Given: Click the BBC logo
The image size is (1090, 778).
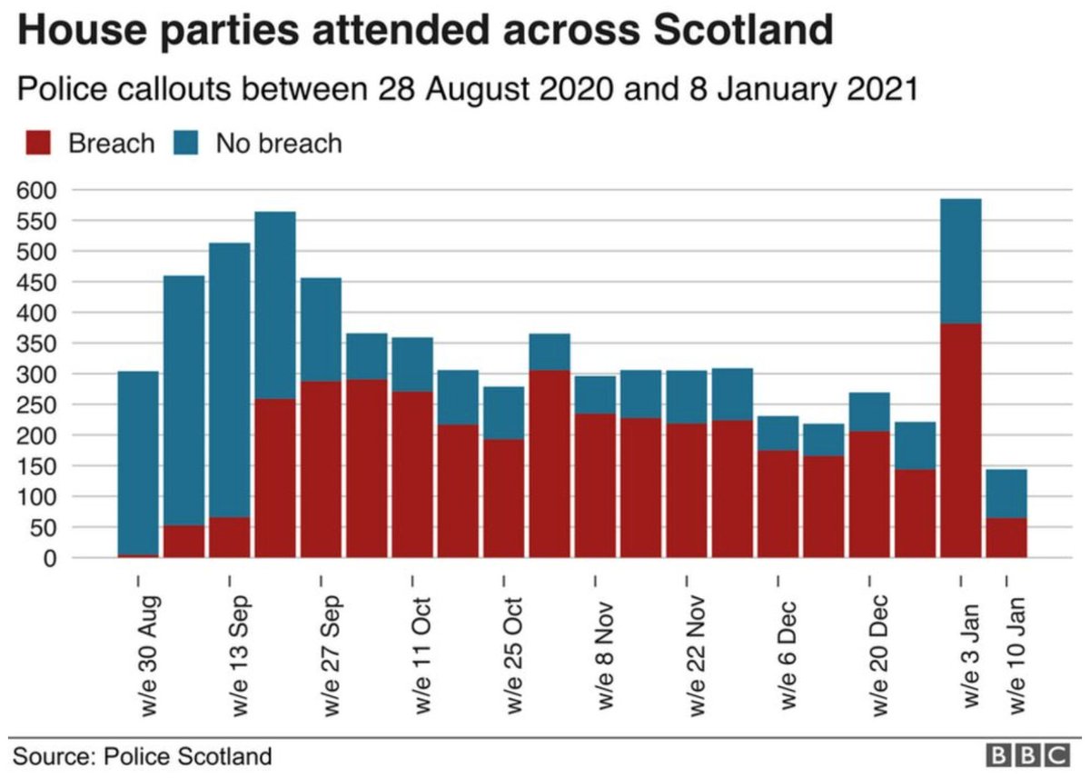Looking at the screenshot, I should (1027, 755).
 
